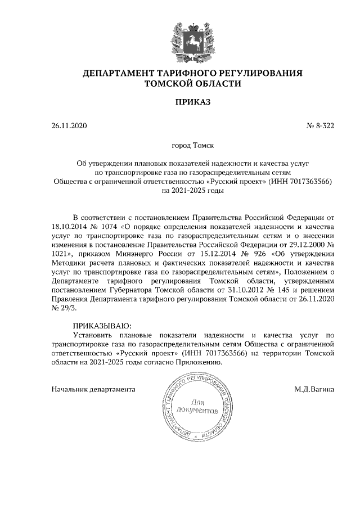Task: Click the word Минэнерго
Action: pyautogui.click(x=141, y=255)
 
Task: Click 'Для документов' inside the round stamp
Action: pyautogui.click(x=196, y=407)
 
